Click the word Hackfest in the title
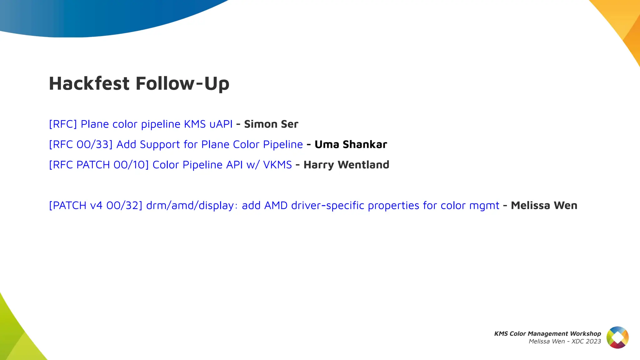click(89, 83)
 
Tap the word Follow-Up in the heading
click(182, 83)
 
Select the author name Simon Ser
click(271, 124)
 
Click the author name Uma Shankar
click(351, 144)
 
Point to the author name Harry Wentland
click(346, 165)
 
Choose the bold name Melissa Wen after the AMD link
click(544, 205)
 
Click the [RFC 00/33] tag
click(81, 144)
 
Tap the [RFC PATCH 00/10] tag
click(99, 165)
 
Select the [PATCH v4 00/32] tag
click(96, 205)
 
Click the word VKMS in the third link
click(277, 165)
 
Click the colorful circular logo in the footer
click(617, 337)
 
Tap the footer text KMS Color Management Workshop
click(547, 333)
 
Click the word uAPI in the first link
click(221, 124)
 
